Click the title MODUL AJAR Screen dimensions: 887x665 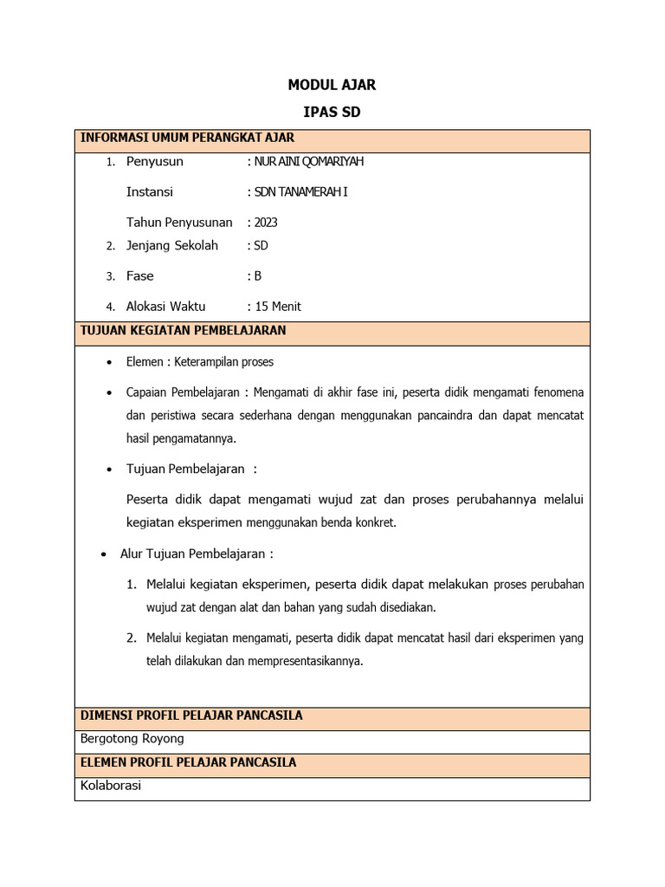(332, 85)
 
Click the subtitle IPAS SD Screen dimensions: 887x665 (332, 113)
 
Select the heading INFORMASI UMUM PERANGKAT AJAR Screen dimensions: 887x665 (187, 138)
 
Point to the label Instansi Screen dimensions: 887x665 (150, 191)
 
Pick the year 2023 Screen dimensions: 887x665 (266, 223)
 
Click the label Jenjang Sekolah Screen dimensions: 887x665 (172, 245)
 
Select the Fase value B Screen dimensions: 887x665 (257, 275)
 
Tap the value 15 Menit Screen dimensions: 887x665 (277, 306)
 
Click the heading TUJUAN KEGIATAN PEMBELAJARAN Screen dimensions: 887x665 (183, 331)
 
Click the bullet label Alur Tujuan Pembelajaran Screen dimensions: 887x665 (196, 554)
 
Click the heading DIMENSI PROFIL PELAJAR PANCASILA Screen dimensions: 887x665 (191, 715)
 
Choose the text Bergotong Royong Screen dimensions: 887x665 (132, 739)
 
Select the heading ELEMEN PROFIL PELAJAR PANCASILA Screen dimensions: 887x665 (188, 762)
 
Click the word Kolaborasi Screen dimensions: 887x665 (111, 786)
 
